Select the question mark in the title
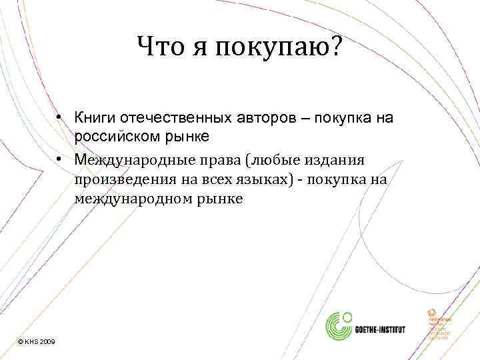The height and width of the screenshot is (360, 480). coord(333,47)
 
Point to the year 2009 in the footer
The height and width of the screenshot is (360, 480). coord(47,341)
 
